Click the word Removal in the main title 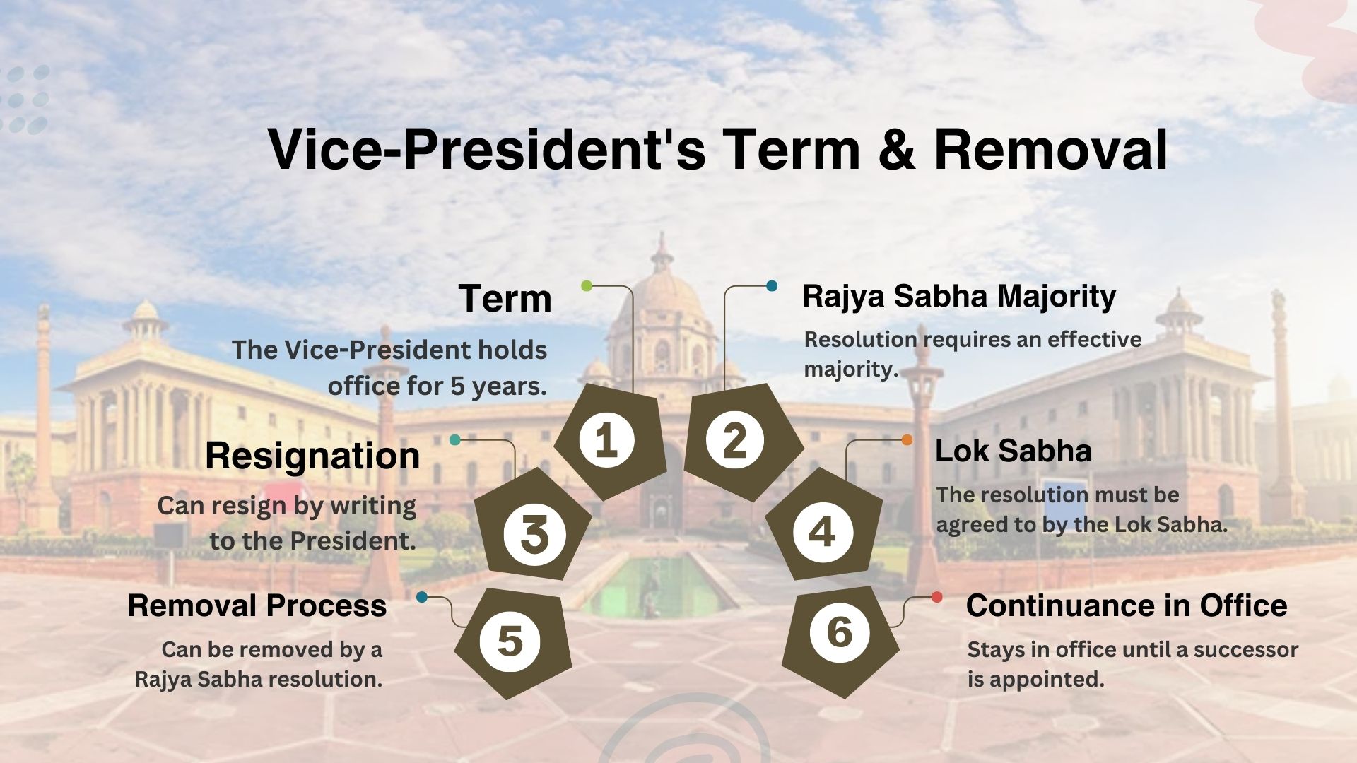click(x=1050, y=150)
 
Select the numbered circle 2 click(x=735, y=440)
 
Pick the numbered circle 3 click(x=534, y=533)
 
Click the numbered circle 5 click(x=510, y=640)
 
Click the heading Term click(x=505, y=298)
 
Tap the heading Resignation click(x=312, y=456)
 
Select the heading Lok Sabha click(x=1013, y=451)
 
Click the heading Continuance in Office click(x=1126, y=605)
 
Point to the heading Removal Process click(x=257, y=605)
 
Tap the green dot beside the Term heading click(x=587, y=285)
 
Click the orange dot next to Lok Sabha click(x=907, y=440)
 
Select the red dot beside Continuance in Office click(x=936, y=597)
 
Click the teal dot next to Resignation click(x=454, y=440)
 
